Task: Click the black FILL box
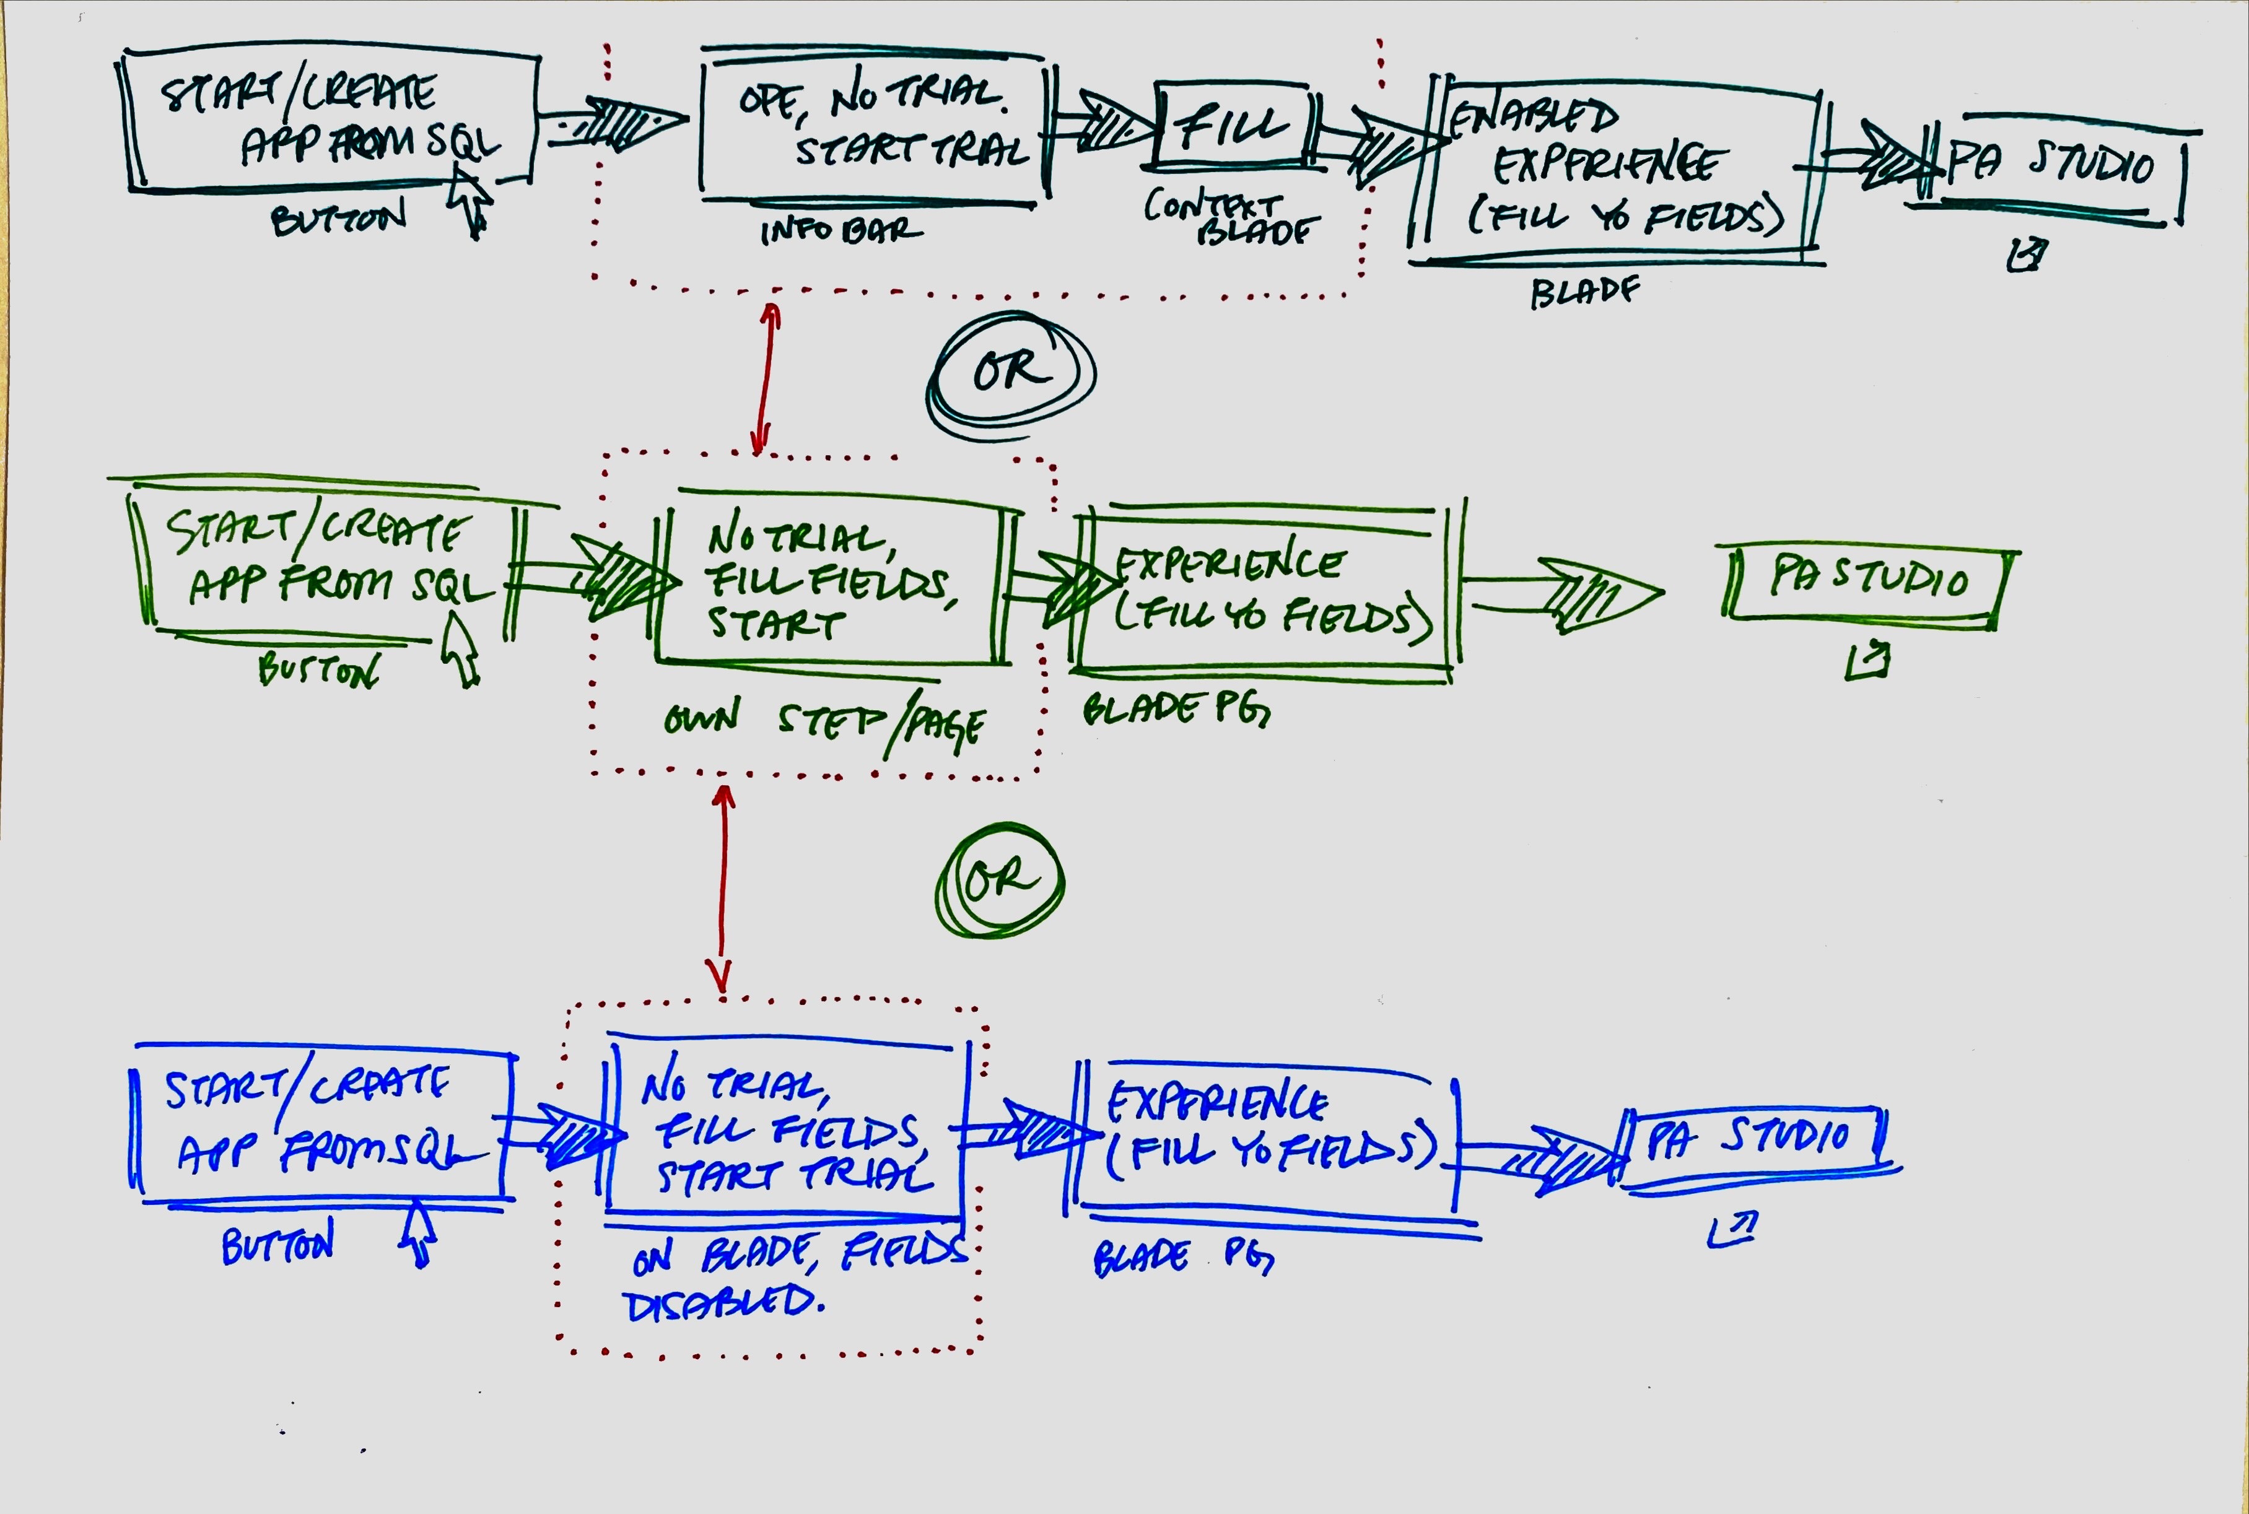(x=1231, y=126)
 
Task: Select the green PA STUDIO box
(x=1869, y=582)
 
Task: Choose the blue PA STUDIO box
(x=1753, y=1144)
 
